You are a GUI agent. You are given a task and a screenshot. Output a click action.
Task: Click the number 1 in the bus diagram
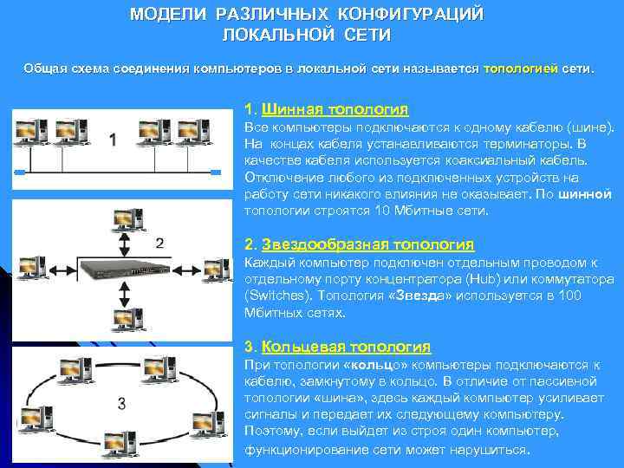[113, 140]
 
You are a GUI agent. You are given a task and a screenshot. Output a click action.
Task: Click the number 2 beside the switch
[159, 243]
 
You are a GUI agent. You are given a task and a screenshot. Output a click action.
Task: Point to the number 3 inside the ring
[121, 403]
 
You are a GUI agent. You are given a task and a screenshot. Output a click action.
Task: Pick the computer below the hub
[128, 320]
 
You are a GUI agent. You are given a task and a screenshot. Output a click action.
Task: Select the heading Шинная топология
[334, 110]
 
